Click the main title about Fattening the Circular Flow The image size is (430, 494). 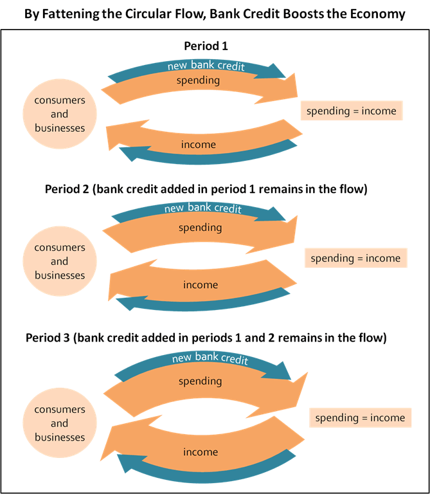[x=215, y=14]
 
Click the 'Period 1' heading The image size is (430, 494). [x=206, y=46]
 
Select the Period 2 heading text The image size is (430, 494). [x=206, y=190]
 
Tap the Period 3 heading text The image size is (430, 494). [x=206, y=337]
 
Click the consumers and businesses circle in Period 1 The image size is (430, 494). [x=59, y=114]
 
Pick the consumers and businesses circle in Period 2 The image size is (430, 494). [x=59, y=261]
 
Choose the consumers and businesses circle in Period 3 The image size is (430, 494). [x=59, y=423]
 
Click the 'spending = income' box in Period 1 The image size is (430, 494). [x=352, y=111]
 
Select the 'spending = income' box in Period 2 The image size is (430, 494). [x=355, y=258]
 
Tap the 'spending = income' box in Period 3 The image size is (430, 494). [x=360, y=417]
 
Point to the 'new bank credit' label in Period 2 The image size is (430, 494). [x=202, y=208]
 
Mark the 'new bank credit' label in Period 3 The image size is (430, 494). [x=210, y=358]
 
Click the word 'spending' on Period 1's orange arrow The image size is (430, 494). [x=199, y=80]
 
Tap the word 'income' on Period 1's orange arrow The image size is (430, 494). [x=199, y=144]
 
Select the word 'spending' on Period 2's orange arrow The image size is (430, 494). [x=200, y=227]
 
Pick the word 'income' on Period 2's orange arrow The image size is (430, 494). [x=201, y=284]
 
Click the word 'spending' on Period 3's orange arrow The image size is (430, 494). [x=200, y=381]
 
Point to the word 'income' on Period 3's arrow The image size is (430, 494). [x=201, y=452]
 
